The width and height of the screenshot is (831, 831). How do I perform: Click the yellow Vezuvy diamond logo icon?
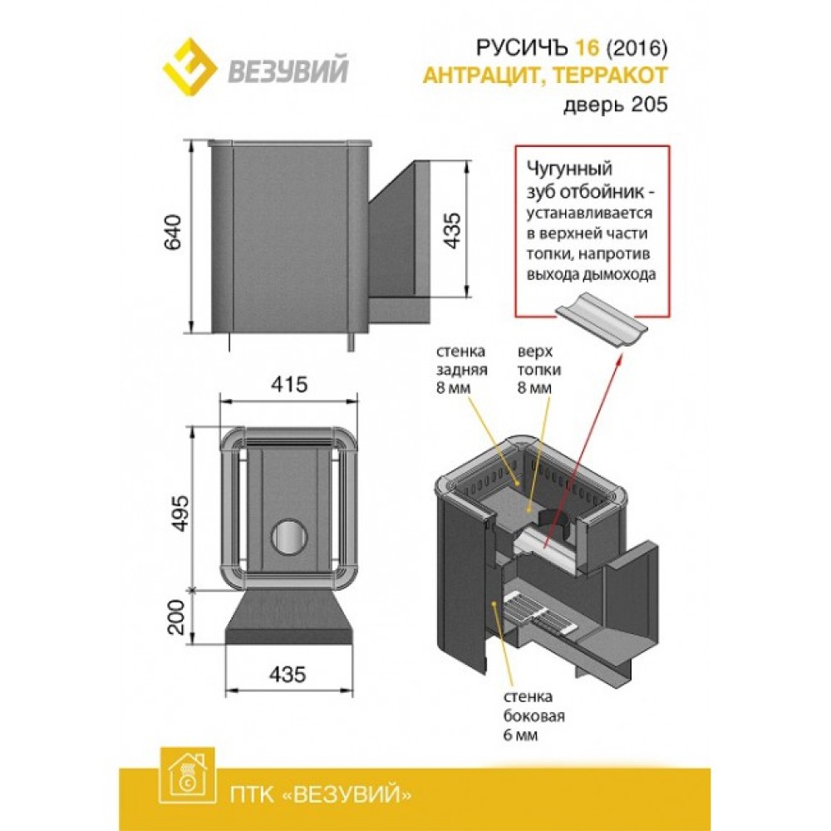coord(189,66)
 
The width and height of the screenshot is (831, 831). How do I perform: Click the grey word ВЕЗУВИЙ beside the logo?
coord(288,70)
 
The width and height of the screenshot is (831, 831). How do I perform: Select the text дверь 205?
coord(615,105)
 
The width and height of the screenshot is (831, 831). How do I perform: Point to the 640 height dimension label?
coord(173,232)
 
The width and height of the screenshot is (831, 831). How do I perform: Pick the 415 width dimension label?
coord(289,384)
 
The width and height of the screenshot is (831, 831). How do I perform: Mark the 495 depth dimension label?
coord(179,513)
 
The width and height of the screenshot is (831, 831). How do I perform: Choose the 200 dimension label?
coord(176,617)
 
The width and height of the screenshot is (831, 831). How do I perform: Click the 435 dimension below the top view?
coord(288,674)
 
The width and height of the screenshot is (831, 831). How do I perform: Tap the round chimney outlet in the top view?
coord(289,536)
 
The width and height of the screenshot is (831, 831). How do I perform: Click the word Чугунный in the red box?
coord(569,169)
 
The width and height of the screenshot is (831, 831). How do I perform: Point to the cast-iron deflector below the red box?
coord(601,320)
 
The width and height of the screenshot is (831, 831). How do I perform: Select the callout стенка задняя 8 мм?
coord(461,370)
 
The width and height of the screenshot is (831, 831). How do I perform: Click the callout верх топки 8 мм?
coord(539,370)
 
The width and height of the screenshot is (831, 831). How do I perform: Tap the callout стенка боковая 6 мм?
coord(534,716)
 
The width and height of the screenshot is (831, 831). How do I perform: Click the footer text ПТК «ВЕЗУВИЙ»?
coord(321,794)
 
